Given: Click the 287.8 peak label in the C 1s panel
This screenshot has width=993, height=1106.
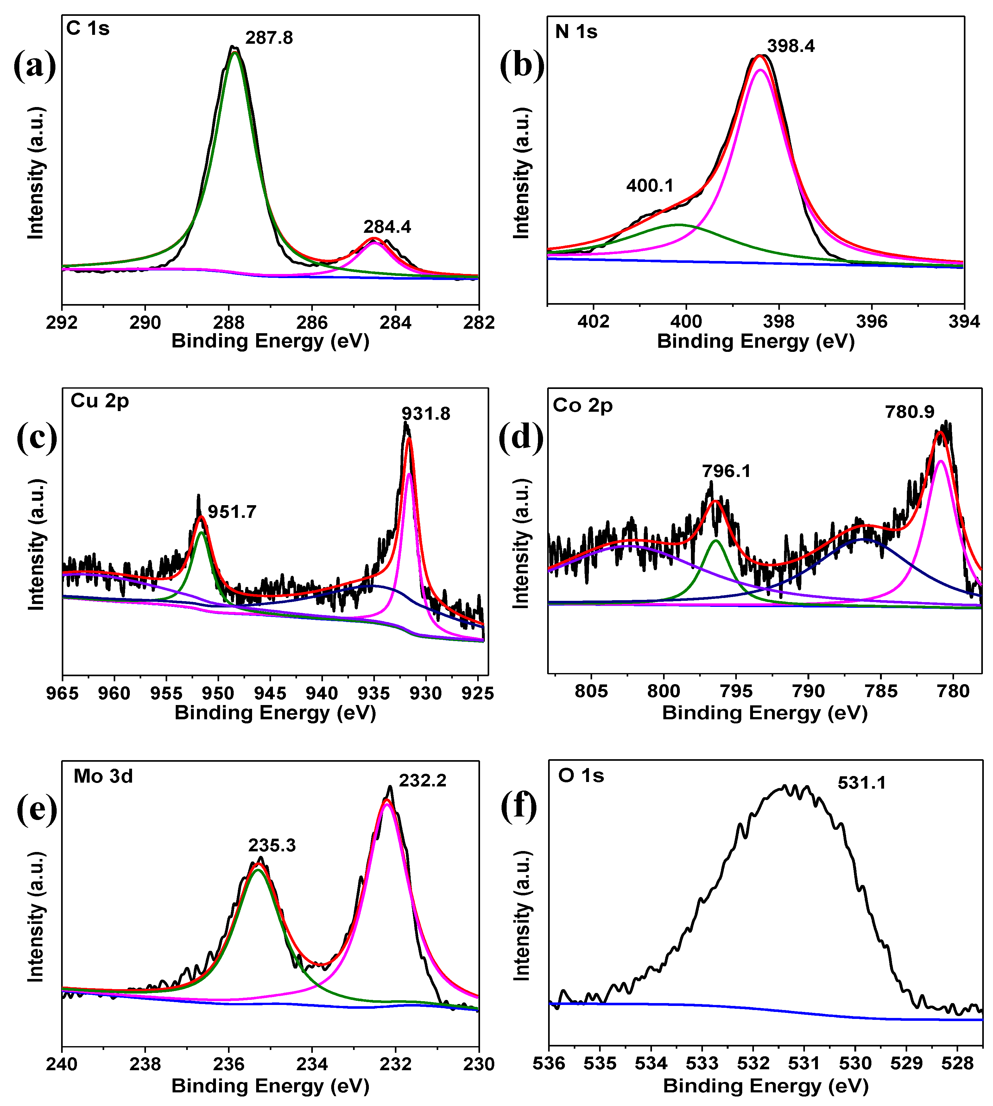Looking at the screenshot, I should point(269,38).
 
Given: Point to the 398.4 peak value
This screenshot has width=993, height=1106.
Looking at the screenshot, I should point(791,46).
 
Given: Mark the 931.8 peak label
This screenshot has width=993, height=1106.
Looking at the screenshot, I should point(426,414).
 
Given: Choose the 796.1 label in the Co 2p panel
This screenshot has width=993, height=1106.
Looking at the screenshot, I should point(726,471).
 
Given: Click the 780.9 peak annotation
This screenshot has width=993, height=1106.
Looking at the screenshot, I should point(909,412).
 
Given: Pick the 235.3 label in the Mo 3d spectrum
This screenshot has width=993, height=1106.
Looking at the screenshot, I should point(272,845).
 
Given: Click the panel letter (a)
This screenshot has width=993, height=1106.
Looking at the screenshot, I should point(35,66).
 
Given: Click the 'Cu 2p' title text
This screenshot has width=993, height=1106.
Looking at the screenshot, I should point(100,401).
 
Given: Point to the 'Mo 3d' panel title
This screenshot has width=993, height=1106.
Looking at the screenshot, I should point(103,776).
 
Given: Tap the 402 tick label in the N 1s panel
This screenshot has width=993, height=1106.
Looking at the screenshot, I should point(593,321).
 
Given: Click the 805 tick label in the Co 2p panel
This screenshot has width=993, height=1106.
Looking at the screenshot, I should point(591,692).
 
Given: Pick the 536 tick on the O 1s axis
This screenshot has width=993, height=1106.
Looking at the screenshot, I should point(549,1064).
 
